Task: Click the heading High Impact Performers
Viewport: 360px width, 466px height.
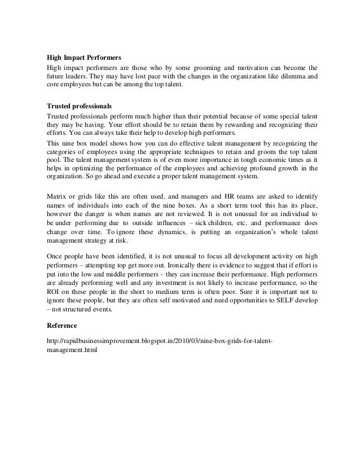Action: tap(83, 58)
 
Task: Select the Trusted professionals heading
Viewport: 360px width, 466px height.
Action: tap(79, 105)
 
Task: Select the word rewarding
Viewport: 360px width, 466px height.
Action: tap(226, 124)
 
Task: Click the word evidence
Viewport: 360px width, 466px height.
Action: tap(242, 266)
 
